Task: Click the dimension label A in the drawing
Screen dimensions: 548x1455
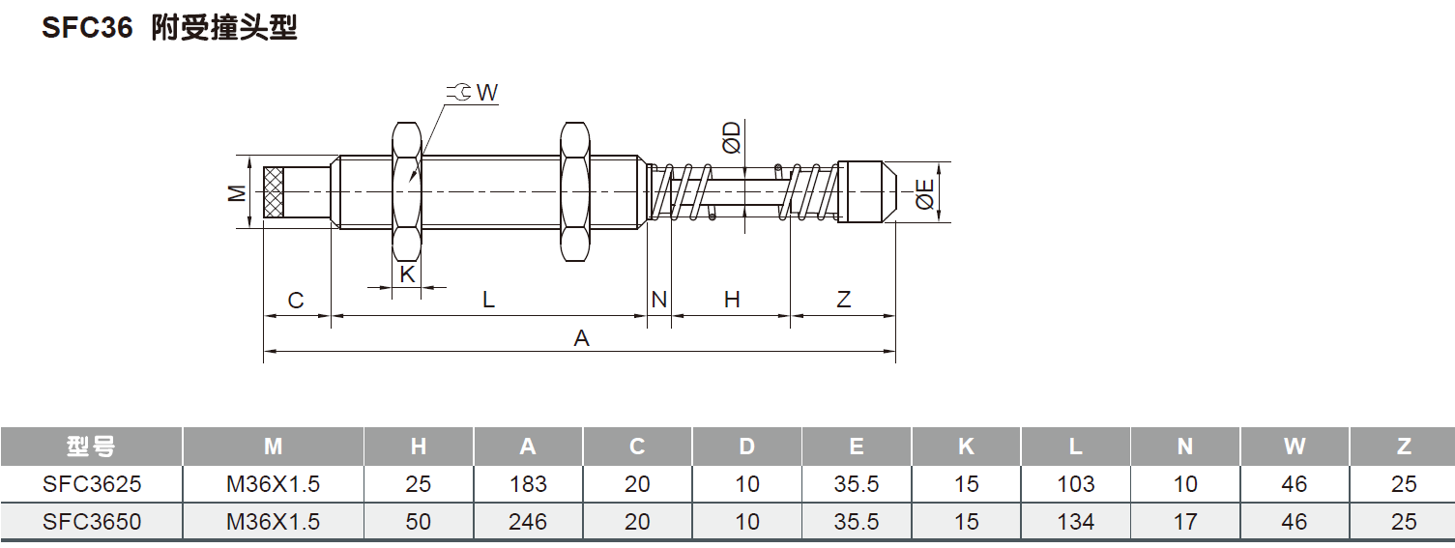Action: (x=581, y=338)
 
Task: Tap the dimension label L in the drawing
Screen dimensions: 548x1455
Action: (x=489, y=301)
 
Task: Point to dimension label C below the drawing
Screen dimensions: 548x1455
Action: (x=296, y=301)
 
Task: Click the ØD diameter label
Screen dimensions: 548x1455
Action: (x=732, y=138)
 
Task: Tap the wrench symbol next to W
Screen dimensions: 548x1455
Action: (x=460, y=92)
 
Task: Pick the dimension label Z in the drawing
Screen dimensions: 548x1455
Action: (x=843, y=301)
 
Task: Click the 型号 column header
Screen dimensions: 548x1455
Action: (x=91, y=447)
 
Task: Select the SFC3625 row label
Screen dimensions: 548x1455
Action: (x=91, y=484)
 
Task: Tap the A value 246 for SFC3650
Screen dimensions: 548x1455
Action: (x=527, y=522)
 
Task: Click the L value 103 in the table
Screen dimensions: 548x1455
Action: (x=1075, y=484)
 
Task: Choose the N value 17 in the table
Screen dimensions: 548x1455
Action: (x=1185, y=522)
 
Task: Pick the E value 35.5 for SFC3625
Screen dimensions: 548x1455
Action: (x=857, y=484)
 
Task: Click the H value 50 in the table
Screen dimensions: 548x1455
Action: (x=418, y=522)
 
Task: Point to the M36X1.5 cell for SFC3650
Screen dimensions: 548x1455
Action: (x=273, y=522)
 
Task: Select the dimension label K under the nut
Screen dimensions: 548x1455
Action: (x=407, y=274)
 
